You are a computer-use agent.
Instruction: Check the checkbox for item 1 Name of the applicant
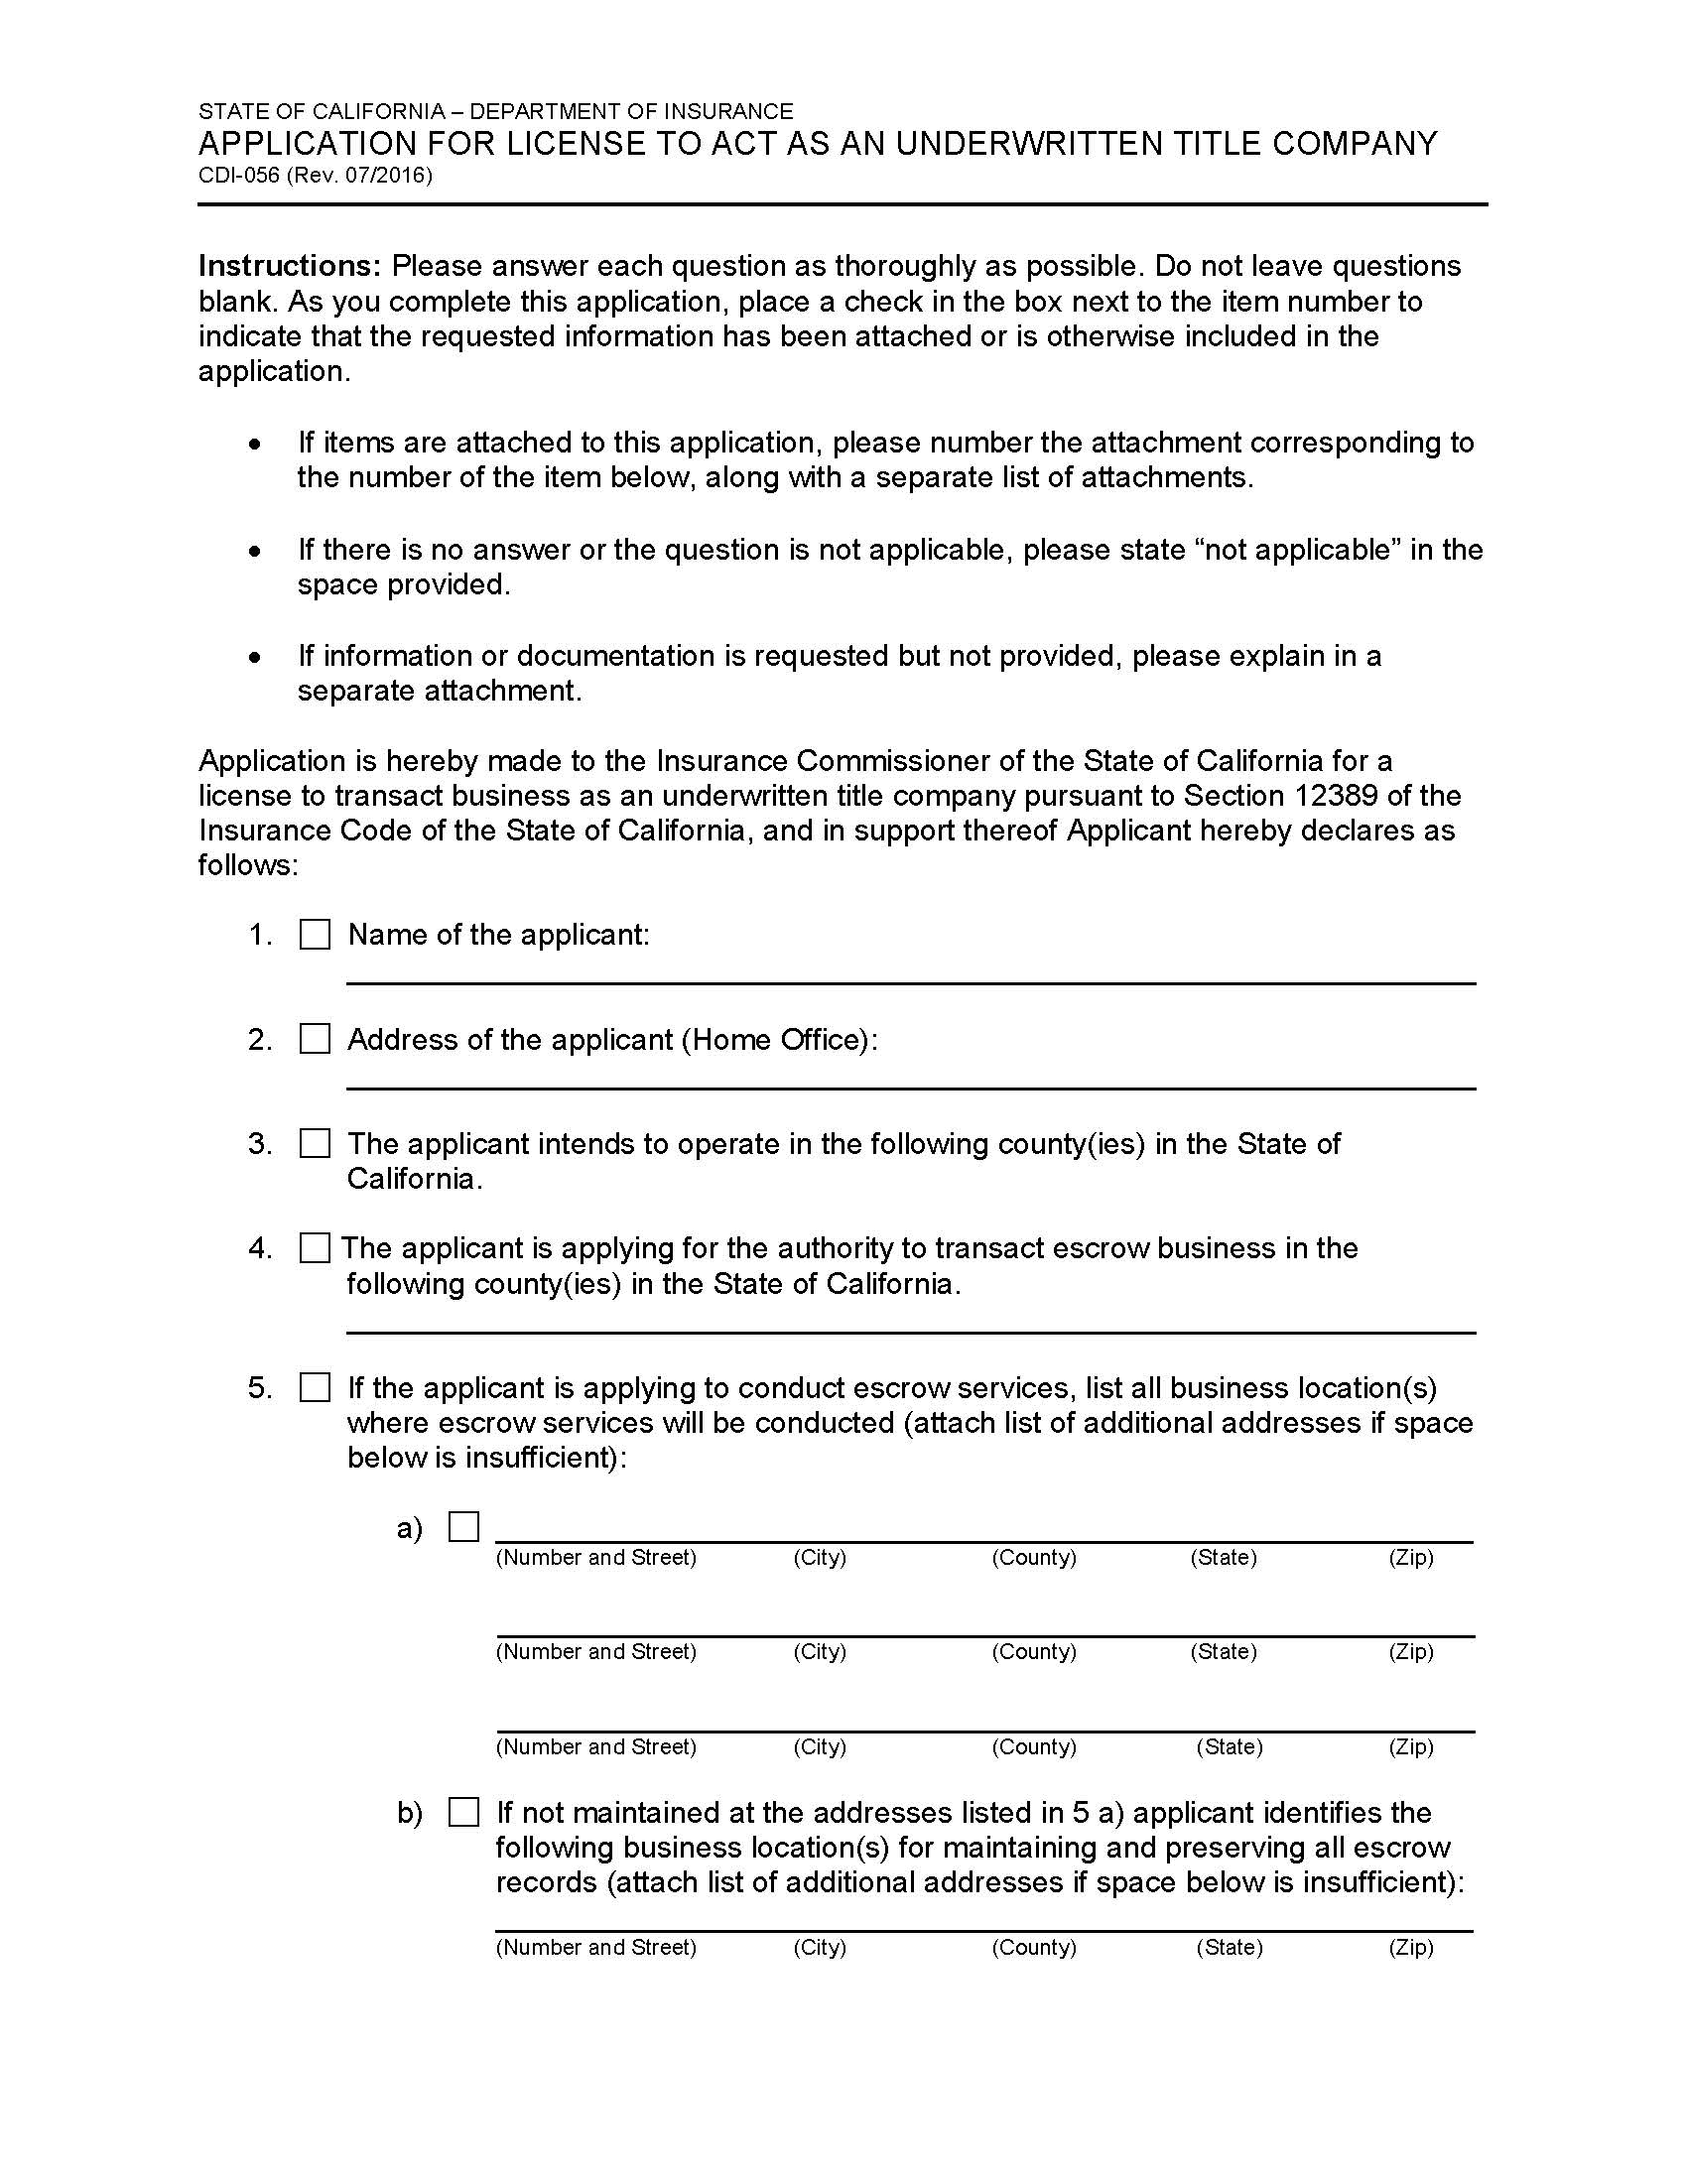click(x=315, y=935)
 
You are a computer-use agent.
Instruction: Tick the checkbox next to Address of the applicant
click(x=315, y=1040)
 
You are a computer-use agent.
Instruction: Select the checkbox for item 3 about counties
click(x=315, y=1143)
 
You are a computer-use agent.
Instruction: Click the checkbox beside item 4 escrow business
click(x=315, y=1248)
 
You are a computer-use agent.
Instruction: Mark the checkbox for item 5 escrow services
click(x=315, y=1387)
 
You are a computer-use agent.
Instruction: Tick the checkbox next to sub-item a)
click(x=463, y=1527)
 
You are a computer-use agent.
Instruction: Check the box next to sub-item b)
click(x=463, y=1812)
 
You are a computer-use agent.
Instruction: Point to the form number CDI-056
click(x=239, y=176)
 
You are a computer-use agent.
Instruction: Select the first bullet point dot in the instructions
click(x=257, y=443)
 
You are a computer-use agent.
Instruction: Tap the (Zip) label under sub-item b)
click(x=1410, y=1947)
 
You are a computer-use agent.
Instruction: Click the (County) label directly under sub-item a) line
click(x=1033, y=1557)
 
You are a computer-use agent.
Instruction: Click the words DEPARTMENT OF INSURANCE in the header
click(x=630, y=111)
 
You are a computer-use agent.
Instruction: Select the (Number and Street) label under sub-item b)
click(x=595, y=1947)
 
